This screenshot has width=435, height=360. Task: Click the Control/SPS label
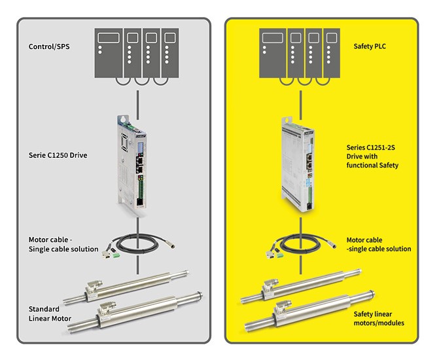click(x=50, y=46)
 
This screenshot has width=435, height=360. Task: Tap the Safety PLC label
click(x=368, y=46)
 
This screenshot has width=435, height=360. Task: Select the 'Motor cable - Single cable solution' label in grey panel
click(x=63, y=244)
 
